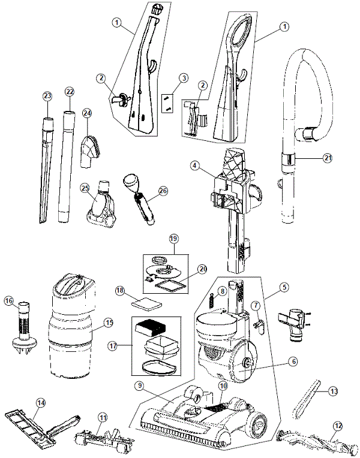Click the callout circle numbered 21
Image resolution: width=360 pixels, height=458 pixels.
pyautogui.click(x=326, y=158)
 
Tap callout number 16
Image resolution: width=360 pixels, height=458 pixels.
pyautogui.click(x=9, y=300)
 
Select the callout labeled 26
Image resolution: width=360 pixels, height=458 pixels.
pyautogui.click(x=163, y=191)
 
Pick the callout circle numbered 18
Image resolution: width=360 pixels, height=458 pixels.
pyautogui.click(x=120, y=290)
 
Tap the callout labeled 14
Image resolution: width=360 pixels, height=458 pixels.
pyautogui.click(x=41, y=403)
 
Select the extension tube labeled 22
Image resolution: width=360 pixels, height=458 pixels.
pyautogui.click(x=65, y=168)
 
